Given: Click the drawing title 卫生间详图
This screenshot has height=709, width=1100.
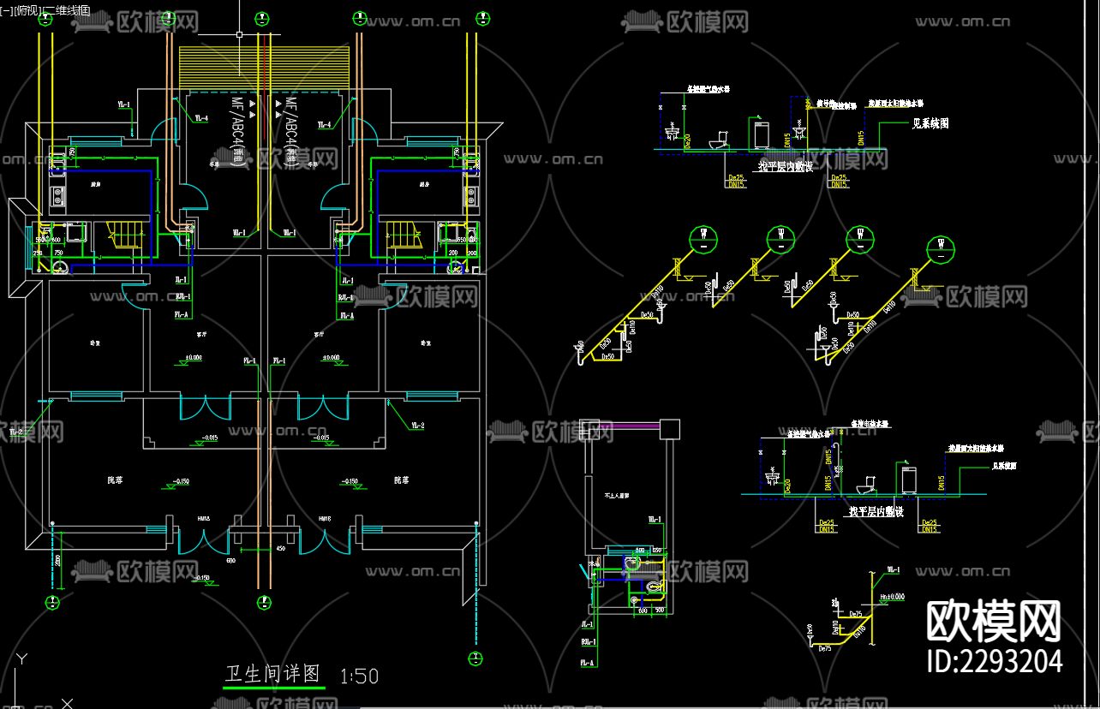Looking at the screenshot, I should pyautogui.click(x=272, y=674).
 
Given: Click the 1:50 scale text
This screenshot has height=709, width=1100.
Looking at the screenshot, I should pyautogui.click(x=359, y=676).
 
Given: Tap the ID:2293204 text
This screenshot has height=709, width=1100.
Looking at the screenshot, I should pyautogui.click(x=995, y=661).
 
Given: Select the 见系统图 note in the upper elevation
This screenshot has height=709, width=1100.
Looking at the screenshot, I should pyautogui.click(x=930, y=123).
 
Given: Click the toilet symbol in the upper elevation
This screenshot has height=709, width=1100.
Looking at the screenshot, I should pyautogui.click(x=720, y=140).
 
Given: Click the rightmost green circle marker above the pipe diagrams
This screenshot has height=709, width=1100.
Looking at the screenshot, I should pyautogui.click(x=942, y=246).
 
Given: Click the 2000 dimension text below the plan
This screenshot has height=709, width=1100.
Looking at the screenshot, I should pyautogui.click(x=57, y=562).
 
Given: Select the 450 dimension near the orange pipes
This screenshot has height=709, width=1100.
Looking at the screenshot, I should pyautogui.click(x=279, y=549).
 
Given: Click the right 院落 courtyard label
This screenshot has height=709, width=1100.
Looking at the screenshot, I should pyautogui.click(x=401, y=480).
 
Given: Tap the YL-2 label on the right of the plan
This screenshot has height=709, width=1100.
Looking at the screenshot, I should pyautogui.click(x=417, y=426).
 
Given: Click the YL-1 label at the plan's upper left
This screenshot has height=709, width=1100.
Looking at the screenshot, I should pyautogui.click(x=123, y=104).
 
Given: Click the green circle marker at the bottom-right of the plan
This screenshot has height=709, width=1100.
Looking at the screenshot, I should pyautogui.click(x=474, y=658).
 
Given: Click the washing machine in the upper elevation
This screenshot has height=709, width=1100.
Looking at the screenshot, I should pyautogui.click(x=762, y=135).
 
